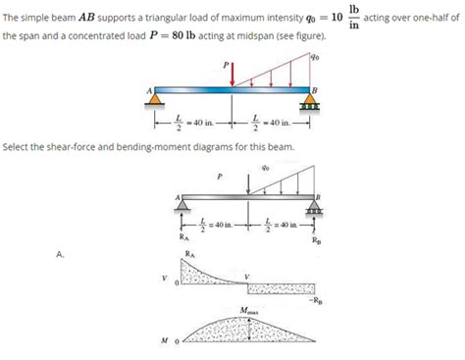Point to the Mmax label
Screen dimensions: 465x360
click(x=252, y=312)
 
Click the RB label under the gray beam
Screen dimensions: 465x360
click(x=314, y=240)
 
